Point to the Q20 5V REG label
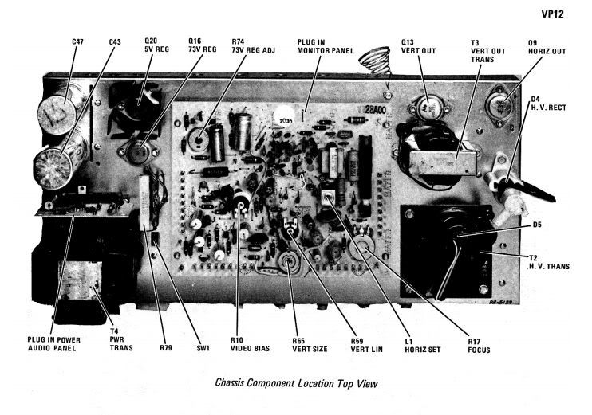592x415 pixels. (152, 47)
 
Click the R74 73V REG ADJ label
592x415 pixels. (249, 47)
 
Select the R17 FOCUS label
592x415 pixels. (479, 345)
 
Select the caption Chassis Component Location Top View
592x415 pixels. (296, 383)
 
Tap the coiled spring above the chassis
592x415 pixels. (372, 63)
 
